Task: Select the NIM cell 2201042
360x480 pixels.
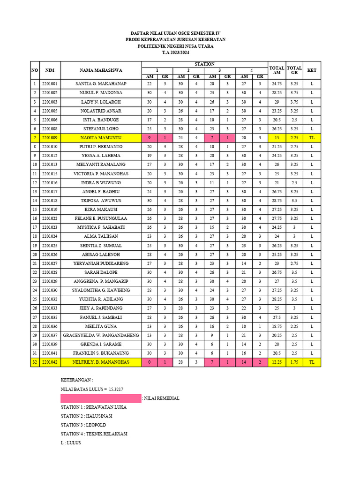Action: (x=50, y=362)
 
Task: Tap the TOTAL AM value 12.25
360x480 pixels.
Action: (x=277, y=362)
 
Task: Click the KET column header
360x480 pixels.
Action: (x=312, y=70)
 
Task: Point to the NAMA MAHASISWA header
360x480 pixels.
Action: (x=101, y=70)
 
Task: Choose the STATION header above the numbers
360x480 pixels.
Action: (x=204, y=64)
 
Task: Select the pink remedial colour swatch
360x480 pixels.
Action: (x=101, y=398)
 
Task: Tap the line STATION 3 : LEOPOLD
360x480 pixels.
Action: (x=83, y=425)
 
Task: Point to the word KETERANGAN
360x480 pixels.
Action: (x=77, y=380)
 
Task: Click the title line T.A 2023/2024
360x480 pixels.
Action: (x=175, y=53)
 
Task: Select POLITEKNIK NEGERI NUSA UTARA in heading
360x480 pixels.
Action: (x=175, y=46)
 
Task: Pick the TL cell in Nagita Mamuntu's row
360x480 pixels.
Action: (x=312, y=138)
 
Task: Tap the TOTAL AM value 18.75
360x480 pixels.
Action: (x=277, y=326)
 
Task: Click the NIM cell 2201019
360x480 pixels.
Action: (x=50, y=210)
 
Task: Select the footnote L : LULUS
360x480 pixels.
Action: (x=71, y=442)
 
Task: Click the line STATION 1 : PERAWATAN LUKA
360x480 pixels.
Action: (x=93, y=407)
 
